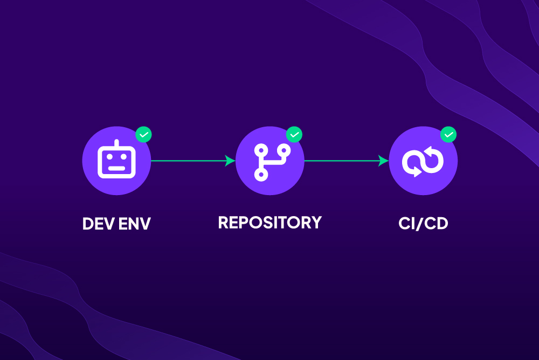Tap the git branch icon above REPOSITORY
pos(269,161)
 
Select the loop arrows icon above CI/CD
pos(423,161)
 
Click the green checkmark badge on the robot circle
pos(143,134)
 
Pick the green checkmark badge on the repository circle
pos(294,134)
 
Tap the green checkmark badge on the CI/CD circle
pos(448,134)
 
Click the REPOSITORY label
pos(269,222)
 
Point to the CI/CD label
pos(423,223)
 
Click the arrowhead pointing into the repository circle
pos(231,161)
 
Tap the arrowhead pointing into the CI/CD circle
pos(384,161)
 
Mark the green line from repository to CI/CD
pos(342,161)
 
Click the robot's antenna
pos(116,143)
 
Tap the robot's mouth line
pos(116,168)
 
